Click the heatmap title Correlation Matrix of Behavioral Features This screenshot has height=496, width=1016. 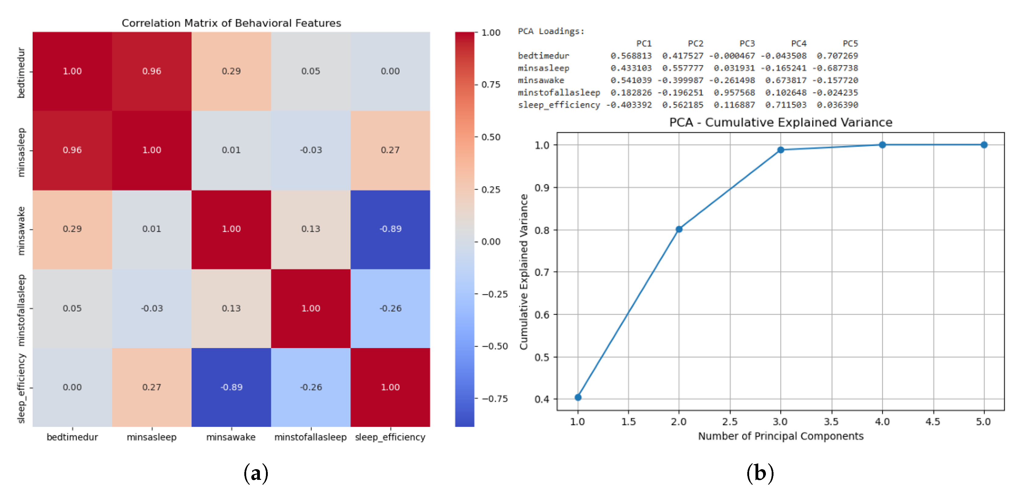tap(231, 23)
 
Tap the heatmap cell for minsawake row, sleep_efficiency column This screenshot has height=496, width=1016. tap(390, 229)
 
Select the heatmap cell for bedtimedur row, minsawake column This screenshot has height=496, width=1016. tap(231, 71)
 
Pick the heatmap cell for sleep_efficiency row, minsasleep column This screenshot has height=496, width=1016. tap(152, 387)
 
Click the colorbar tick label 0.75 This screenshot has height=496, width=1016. tap(491, 85)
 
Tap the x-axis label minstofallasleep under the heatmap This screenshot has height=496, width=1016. tap(311, 437)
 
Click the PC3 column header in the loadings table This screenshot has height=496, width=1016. tap(747, 43)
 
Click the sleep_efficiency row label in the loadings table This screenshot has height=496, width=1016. tap(558, 105)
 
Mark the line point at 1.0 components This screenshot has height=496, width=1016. tap(578, 397)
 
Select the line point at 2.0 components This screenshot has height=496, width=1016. tap(679, 229)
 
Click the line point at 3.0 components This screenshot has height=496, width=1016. tap(780, 150)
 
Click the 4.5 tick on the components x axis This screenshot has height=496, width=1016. tap(932, 422)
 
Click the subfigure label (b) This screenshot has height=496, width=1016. tap(759, 473)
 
